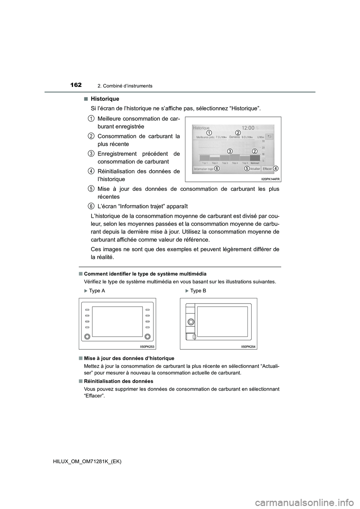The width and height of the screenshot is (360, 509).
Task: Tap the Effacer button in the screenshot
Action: (267, 169)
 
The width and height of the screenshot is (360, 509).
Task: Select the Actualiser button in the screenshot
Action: (255, 169)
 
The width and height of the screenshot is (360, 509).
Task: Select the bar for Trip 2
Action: (214, 159)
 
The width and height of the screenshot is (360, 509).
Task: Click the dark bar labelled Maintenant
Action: (255, 158)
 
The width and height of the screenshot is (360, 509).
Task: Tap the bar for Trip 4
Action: (235, 157)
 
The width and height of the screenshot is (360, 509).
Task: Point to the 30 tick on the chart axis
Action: (263, 141)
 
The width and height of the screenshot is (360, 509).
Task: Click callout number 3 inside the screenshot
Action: (230, 151)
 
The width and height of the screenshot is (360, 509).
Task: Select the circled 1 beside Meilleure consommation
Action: (91, 118)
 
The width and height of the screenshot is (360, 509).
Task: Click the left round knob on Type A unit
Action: (87, 336)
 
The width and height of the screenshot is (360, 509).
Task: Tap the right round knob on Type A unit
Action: (148, 336)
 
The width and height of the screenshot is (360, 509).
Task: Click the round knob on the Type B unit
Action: (190, 322)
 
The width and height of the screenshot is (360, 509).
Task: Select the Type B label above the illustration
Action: (198, 291)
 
